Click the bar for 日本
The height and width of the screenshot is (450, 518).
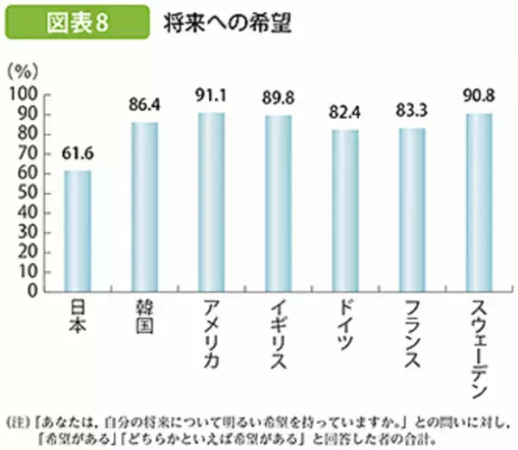click(x=77, y=230)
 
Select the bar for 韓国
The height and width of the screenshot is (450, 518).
click(x=144, y=206)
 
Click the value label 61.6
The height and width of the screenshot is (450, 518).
click(x=77, y=154)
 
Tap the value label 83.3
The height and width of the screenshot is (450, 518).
click(x=412, y=111)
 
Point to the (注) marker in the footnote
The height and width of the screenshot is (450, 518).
click(x=19, y=399)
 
